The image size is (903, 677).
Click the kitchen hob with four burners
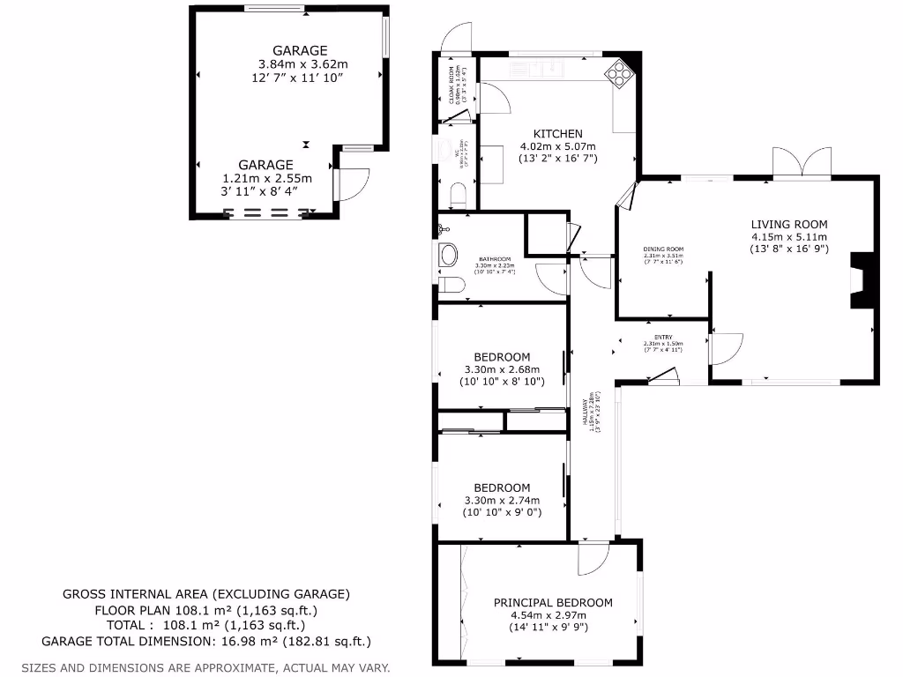pyautogui.click(x=619, y=73)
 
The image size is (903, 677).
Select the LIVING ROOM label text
pyautogui.click(x=789, y=224)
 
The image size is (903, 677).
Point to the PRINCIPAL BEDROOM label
pyautogui.click(x=553, y=603)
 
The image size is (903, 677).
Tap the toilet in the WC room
pyautogui.click(x=457, y=195)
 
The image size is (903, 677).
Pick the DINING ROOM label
pyautogui.click(x=663, y=249)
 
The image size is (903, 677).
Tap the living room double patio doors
pyautogui.click(x=802, y=163)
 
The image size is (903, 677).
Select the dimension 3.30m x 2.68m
pyautogui.click(x=502, y=369)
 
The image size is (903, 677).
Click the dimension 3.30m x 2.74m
pyautogui.click(x=502, y=500)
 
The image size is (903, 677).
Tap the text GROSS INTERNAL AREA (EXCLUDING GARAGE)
pyautogui.click(x=206, y=594)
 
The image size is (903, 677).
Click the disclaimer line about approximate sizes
pyautogui.click(x=205, y=667)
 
